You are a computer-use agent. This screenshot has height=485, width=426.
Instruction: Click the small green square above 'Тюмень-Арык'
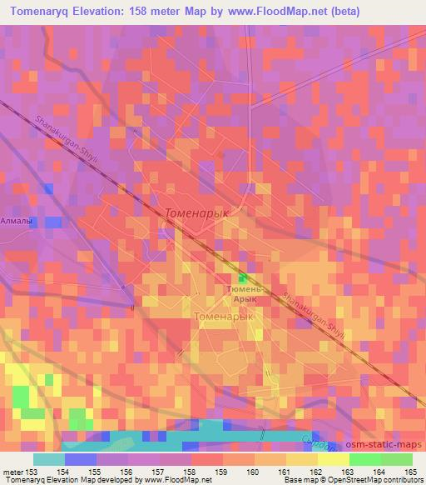coord(244,278)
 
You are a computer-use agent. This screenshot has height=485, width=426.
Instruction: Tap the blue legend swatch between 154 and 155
coord(80,460)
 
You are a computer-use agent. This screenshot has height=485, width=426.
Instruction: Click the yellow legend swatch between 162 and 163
coord(332,460)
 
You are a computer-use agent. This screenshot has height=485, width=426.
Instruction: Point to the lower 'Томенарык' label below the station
coord(222,317)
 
